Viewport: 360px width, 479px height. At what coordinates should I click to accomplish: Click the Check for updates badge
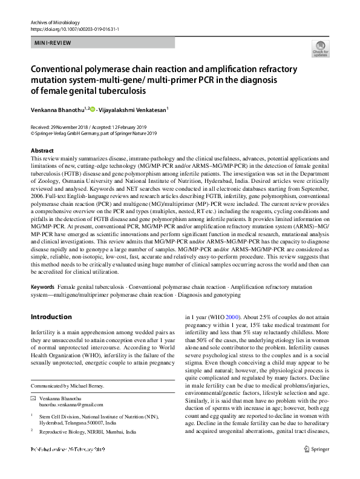point(319,49)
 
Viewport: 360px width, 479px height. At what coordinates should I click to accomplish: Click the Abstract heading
point(42,150)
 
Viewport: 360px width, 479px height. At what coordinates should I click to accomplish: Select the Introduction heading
point(51,317)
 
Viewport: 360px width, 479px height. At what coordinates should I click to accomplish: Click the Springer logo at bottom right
point(318,466)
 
